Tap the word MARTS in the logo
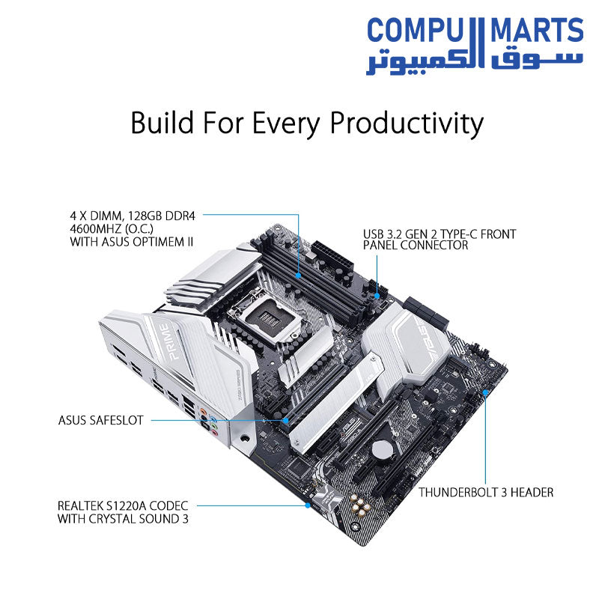536,31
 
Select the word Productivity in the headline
407,123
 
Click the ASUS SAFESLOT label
104,421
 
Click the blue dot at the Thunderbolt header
486,390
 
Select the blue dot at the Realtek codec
308,505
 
